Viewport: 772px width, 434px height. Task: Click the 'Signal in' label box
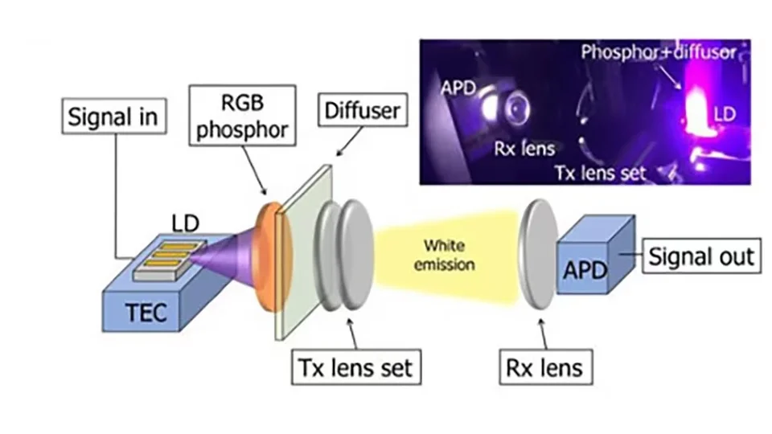[x=113, y=118]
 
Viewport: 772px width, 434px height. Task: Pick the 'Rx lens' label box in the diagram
[x=544, y=369]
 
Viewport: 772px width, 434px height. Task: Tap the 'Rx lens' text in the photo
[x=524, y=148]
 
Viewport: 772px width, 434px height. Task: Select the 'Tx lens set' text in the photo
[x=601, y=170]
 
